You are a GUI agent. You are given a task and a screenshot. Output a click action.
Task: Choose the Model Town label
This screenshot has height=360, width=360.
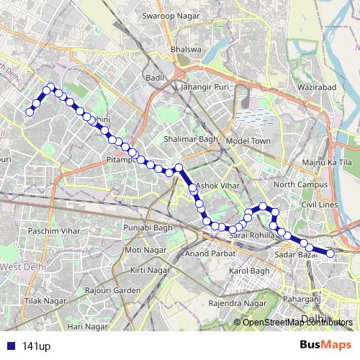[248, 141]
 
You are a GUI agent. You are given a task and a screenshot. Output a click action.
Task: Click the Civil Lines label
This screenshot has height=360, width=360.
[320, 204]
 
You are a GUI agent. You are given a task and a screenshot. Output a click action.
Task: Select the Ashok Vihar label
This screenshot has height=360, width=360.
[217, 186]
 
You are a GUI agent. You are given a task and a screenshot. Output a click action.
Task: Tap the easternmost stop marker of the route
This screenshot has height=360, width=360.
[331, 253]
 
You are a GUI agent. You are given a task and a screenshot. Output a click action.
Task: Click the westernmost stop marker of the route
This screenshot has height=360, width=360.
[30, 112]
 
